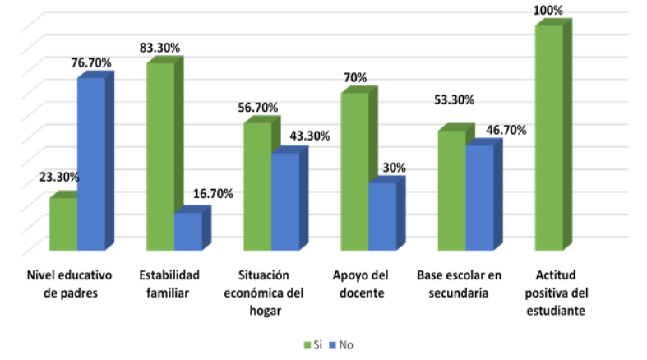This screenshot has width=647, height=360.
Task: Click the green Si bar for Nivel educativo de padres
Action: click(63, 224)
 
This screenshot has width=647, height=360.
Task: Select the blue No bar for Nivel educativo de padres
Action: click(91, 164)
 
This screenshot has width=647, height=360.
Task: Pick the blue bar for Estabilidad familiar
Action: click(187, 231)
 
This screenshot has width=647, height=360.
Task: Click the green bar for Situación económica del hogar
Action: click(257, 187)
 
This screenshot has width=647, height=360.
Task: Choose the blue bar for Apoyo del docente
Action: click(382, 216)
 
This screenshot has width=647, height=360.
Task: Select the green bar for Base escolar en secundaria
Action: click(451, 190)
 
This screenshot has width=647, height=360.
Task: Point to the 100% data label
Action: click(548, 11)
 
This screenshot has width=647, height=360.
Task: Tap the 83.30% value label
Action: click(159, 48)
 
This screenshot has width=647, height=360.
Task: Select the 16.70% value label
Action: click(213, 194)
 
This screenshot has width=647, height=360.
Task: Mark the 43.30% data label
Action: click(308, 136)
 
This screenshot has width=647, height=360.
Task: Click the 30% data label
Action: click(394, 168)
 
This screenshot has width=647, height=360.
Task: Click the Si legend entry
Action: click(312, 345)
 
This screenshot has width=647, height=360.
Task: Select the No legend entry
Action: click(344, 345)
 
